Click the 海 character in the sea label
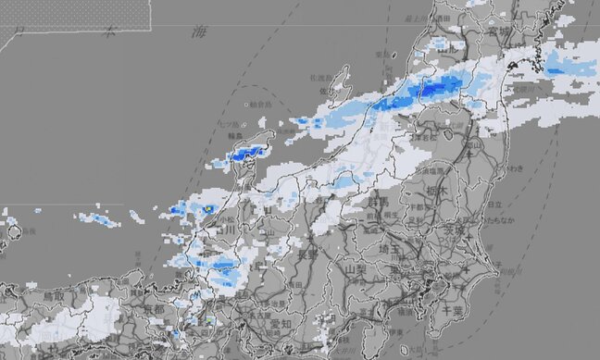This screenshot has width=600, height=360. [x=198, y=32]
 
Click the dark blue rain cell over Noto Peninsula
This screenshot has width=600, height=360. [x=244, y=155]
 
